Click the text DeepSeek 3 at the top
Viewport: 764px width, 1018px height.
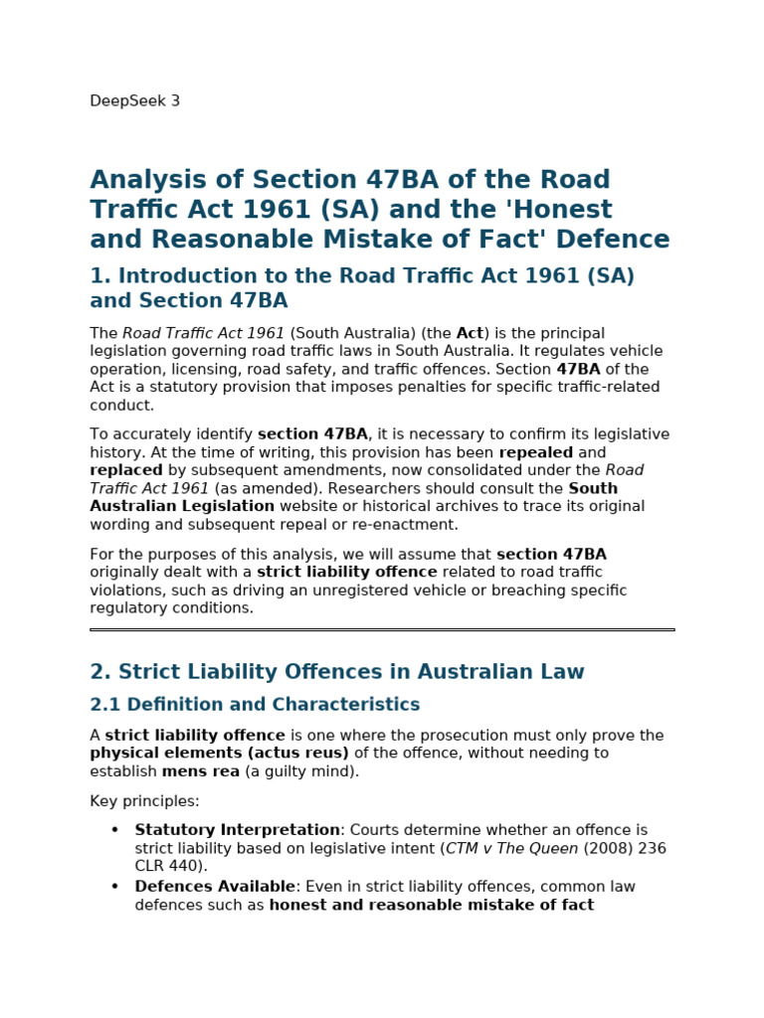[134, 101]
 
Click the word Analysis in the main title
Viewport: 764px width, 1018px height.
[147, 181]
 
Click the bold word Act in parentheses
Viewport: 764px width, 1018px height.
[470, 334]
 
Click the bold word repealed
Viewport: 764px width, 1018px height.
[536, 453]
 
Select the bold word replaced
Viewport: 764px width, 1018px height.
[126, 471]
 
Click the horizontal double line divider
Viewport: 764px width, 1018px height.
[382, 629]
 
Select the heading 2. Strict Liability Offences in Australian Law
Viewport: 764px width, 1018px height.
[337, 673]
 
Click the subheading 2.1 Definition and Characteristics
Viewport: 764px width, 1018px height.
[255, 706]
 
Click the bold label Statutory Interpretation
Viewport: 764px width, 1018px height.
[238, 830]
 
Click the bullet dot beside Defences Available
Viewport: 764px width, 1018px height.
[114, 887]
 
